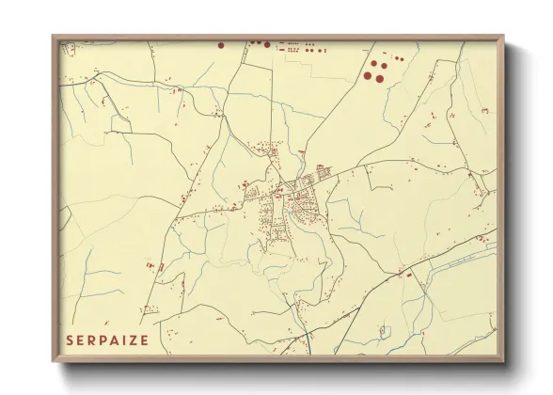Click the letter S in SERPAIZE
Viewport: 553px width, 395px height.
coord(71,340)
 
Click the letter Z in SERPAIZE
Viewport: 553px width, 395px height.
coord(134,340)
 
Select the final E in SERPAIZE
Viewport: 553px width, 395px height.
coord(145,340)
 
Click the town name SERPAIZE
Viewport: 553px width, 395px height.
coord(107,340)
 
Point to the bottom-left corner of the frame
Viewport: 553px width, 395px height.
coord(54,361)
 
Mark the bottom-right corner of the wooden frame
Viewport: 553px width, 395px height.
coord(503,361)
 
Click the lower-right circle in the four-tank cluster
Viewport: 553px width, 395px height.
coord(380,77)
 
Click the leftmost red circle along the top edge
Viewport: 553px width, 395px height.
coord(221,43)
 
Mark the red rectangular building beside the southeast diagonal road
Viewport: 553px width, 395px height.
coord(409,274)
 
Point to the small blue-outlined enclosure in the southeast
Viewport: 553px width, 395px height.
coord(384,330)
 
